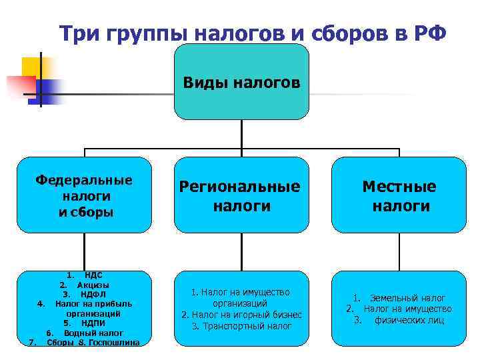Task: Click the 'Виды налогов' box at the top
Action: (x=241, y=83)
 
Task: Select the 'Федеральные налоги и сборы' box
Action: (x=84, y=195)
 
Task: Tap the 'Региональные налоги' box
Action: (x=241, y=195)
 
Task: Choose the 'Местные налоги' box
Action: (x=399, y=195)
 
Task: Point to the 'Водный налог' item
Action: (x=93, y=333)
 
